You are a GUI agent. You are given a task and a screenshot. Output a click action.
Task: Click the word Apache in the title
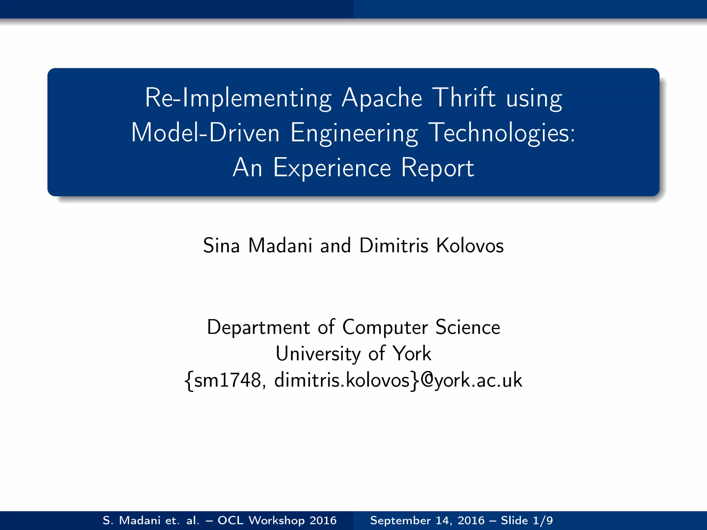(x=382, y=98)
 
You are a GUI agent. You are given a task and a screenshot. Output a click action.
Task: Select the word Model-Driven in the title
(x=205, y=133)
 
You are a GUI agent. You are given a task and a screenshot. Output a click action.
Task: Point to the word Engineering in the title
(x=354, y=134)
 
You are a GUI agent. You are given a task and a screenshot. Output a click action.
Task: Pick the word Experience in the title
(x=332, y=168)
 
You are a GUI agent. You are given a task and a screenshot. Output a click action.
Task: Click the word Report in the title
(x=437, y=168)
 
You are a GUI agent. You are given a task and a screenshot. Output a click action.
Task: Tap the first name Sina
(x=221, y=246)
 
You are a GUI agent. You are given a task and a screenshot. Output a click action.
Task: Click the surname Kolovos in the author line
(x=470, y=246)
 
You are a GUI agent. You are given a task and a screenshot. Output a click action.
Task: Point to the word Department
(x=258, y=327)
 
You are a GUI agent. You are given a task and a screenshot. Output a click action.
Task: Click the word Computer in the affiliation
(x=385, y=327)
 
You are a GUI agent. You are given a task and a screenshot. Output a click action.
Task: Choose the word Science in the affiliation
(x=467, y=327)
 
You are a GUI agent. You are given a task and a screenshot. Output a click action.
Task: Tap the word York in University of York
(x=412, y=354)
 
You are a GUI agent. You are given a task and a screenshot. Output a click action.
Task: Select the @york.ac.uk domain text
(x=472, y=380)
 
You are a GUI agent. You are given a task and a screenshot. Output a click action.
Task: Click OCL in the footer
(x=230, y=520)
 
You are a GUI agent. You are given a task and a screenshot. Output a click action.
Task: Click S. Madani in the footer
(x=132, y=520)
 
